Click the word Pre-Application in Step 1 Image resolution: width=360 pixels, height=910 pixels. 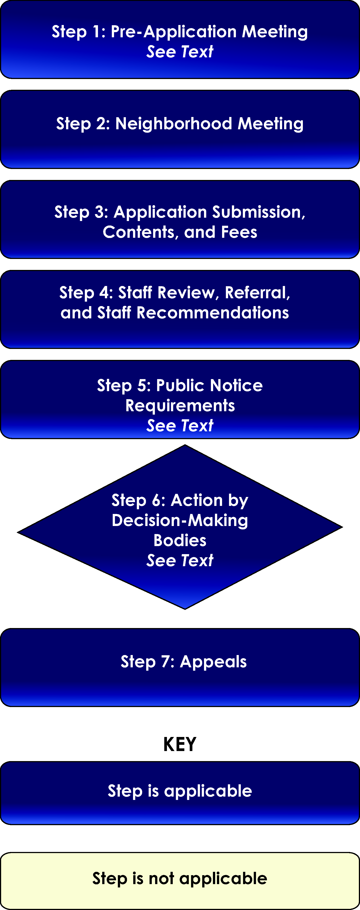pos(173,32)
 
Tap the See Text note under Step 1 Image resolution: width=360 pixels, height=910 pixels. pos(180,52)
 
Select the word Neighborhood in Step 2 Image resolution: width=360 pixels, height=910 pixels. pos(174,124)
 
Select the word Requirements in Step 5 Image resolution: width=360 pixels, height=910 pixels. pos(180,405)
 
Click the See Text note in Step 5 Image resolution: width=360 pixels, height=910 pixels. pos(180,426)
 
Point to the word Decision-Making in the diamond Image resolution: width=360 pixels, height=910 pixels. pos(180,521)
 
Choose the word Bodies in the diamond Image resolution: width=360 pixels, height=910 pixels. pos(180,541)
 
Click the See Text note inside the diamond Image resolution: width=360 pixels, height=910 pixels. pos(180,561)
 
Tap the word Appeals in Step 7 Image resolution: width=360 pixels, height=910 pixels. pos(213,662)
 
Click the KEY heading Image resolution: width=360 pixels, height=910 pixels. pos(180,744)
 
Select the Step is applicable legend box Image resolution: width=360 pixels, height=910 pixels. pos(180,793)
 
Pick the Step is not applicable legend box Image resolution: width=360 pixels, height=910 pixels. pos(180,881)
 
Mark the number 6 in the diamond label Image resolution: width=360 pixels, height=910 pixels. pos(156,500)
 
